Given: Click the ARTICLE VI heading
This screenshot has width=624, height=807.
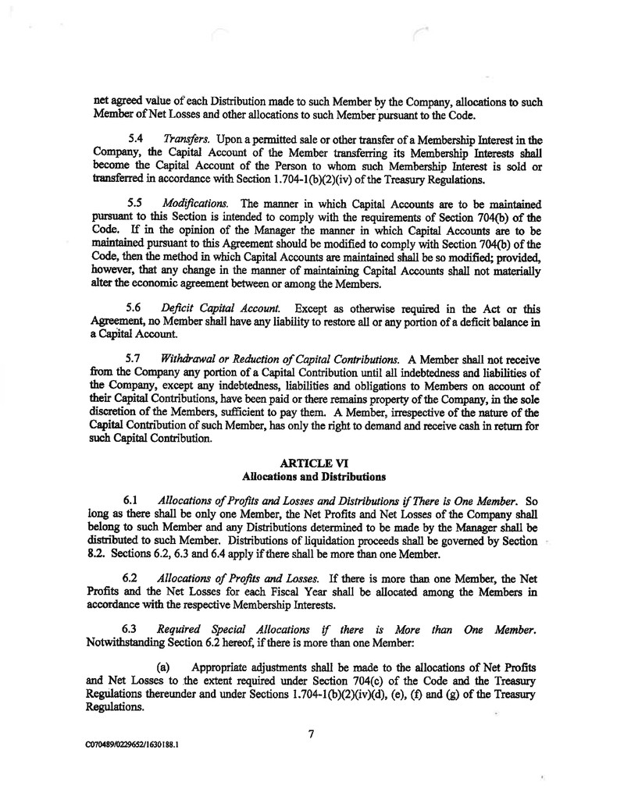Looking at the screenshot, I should (311, 461).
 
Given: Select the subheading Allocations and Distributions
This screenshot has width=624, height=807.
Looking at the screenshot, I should (311, 475).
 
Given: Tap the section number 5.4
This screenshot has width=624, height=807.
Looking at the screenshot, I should (134, 138).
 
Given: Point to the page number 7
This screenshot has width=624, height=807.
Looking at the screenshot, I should (311, 732).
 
